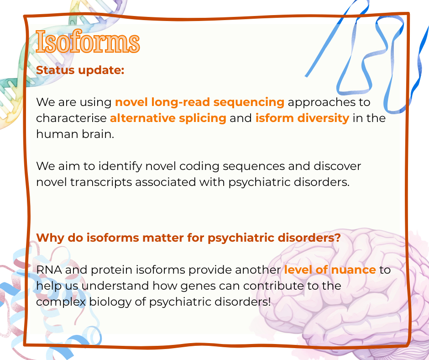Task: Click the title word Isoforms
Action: click(88, 42)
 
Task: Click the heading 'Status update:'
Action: click(80, 70)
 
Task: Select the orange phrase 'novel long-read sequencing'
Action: click(200, 102)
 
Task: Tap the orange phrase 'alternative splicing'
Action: click(168, 118)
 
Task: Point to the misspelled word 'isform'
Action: click(275, 118)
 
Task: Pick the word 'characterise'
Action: click(71, 118)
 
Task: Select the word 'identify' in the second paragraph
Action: click(120, 166)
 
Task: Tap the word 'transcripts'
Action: click(101, 182)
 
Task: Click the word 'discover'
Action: click(337, 166)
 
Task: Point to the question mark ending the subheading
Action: click(338, 237)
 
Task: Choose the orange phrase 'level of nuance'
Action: click(330, 270)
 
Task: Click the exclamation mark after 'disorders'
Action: click(269, 302)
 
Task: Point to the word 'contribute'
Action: click(273, 286)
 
